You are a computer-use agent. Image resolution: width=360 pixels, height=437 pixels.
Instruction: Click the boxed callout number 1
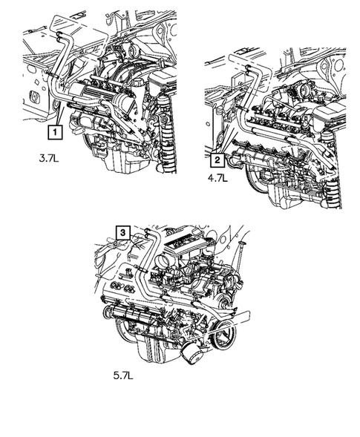(54, 134)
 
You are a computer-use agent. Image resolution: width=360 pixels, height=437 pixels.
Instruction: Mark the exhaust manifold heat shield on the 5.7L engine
(134, 312)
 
